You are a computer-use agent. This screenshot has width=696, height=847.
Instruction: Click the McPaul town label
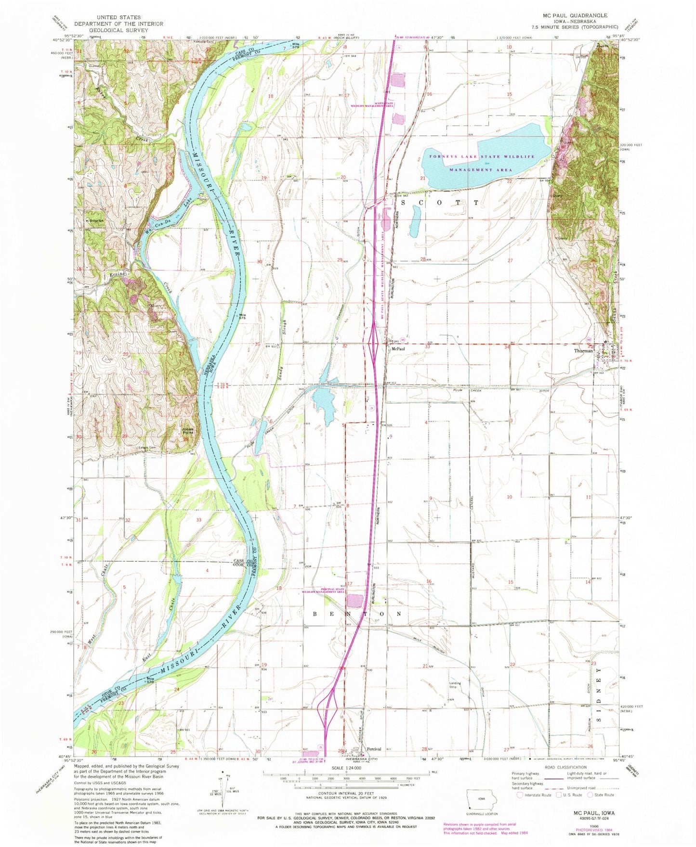click(397, 349)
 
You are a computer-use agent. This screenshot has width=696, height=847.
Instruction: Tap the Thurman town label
click(583, 351)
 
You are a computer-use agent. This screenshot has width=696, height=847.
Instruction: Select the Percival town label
click(374, 749)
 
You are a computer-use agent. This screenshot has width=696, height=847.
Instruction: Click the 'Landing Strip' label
click(455, 685)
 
